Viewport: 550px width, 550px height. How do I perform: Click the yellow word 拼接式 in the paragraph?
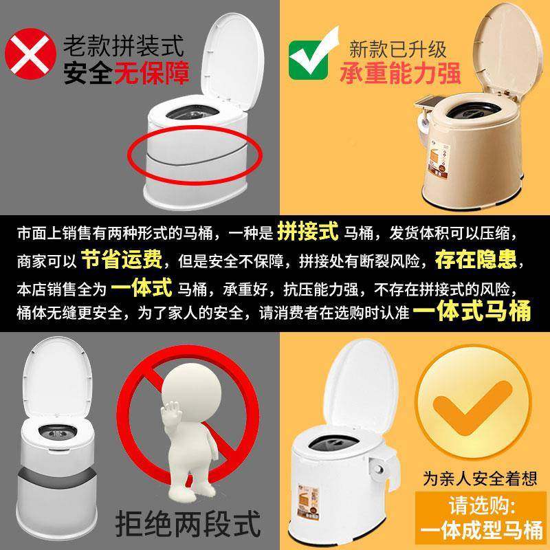click(x=307, y=232)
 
